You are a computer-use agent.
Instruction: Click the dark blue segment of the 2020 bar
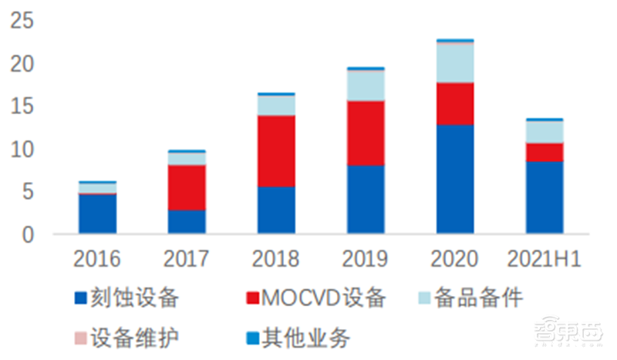(x=455, y=179)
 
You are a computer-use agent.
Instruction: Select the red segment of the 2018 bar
(x=276, y=151)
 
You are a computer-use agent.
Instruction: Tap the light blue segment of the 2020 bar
(x=455, y=63)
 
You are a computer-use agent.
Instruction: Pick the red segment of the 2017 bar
(x=187, y=187)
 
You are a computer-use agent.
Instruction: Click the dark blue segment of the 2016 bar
(x=97, y=214)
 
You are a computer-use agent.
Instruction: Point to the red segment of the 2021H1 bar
(x=545, y=152)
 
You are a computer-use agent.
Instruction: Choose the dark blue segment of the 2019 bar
(x=366, y=199)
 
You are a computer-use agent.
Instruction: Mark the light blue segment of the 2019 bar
(x=366, y=86)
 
